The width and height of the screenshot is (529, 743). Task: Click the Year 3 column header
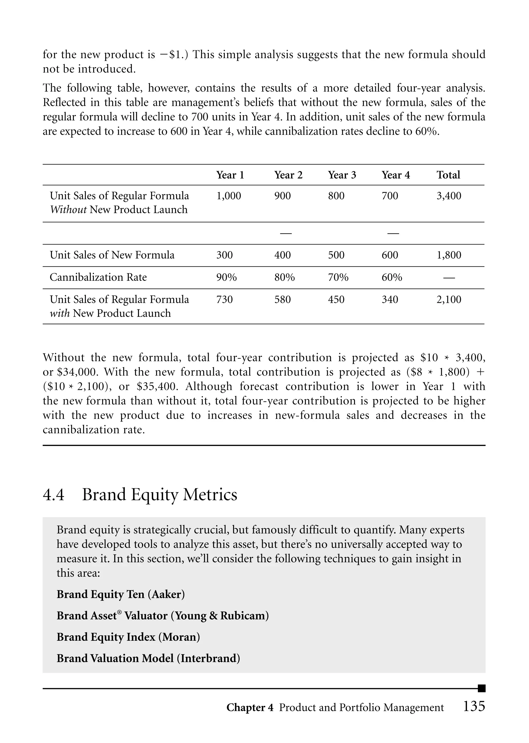[x=342, y=175]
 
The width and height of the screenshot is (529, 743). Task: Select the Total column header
[x=448, y=175]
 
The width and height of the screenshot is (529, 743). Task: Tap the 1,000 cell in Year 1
[x=229, y=196]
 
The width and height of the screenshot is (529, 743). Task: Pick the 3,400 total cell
[x=449, y=196]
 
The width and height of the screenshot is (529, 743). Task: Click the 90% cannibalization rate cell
[x=226, y=277]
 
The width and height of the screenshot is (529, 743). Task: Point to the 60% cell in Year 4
[x=392, y=277]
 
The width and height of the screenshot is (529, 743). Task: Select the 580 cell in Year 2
[x=282, y=299]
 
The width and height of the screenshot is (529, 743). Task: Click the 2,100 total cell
[x=449, y=299]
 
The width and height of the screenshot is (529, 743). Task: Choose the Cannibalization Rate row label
[x=98, y=277]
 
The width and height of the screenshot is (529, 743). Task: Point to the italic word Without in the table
[x=68, y=210]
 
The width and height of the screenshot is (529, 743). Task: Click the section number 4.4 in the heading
[x=53, y=494]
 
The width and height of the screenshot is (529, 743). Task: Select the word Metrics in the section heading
[x=210, y=494]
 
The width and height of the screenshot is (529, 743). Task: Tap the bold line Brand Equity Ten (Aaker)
[x=121, y=594]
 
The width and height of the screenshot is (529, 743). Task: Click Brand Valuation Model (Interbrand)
[x=148, y=658]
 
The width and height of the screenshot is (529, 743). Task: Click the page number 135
[x=474, y=706]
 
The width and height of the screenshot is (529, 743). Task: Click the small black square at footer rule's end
[x=481, y=688]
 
